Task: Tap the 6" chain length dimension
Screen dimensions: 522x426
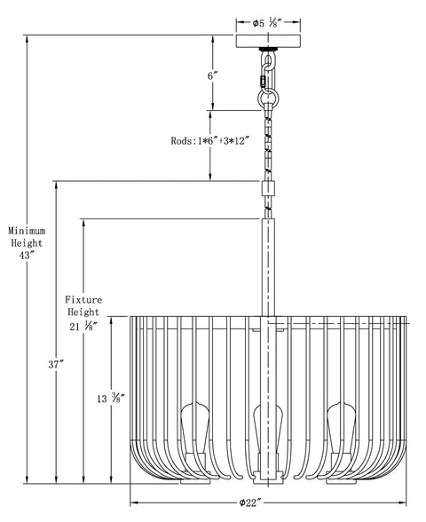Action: [x=212, y=76]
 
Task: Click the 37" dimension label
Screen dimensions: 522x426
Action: [x=55, y=365]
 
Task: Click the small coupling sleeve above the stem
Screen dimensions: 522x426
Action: [x=266, y=188]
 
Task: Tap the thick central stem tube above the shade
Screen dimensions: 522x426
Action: [x=266, y=266]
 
